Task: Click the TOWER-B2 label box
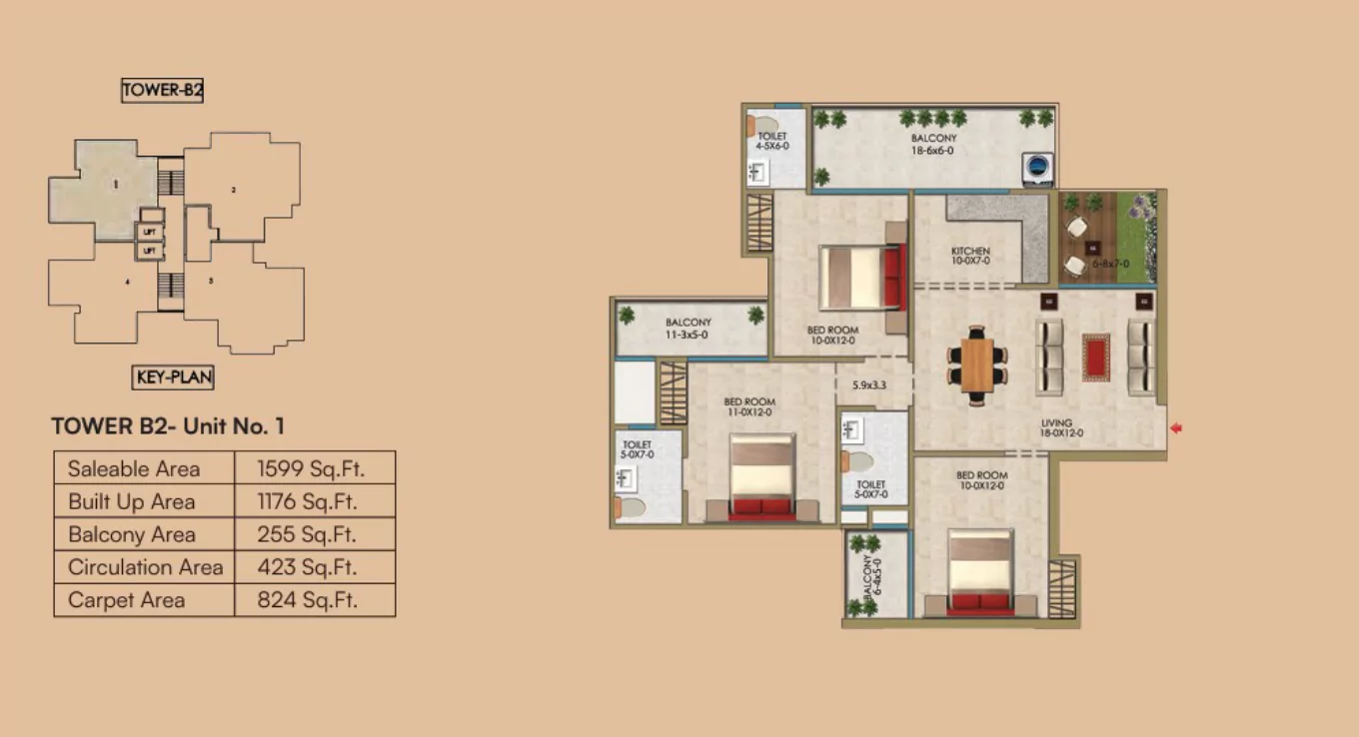(163, 91)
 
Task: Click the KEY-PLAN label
(173, 377)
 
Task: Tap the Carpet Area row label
(126, 600)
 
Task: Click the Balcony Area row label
(132, 534)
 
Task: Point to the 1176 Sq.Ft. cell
(307, 501)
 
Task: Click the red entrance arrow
(1176, 428)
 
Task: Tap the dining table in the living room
(976, 364)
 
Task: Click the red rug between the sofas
(1096, 357)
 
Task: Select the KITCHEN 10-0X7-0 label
(970, 256)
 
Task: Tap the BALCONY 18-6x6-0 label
(932, 144)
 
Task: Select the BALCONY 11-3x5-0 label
(688, 329)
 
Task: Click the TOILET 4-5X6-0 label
(772, 141)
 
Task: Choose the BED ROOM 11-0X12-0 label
(749, 407)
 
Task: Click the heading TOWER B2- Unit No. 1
(168, 426)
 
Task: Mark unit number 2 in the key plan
(234, 190)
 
